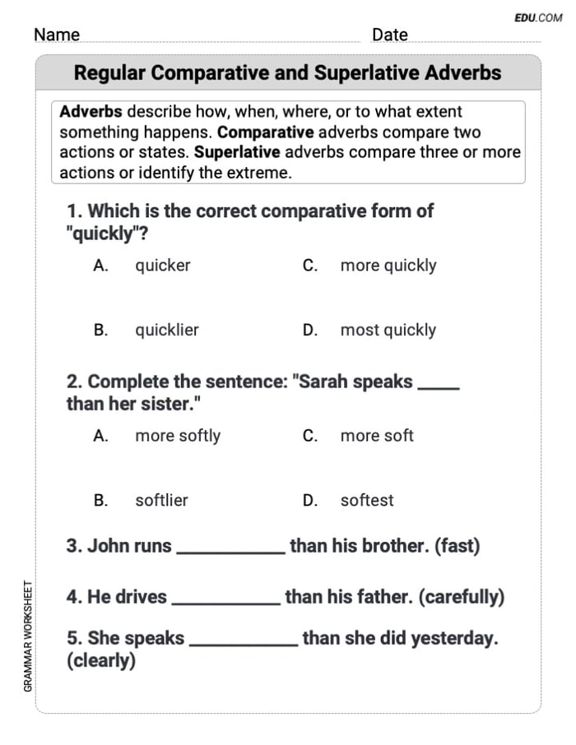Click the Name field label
[x=57, y=35]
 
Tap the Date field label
[x=389, y=35]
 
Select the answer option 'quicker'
[x=162, y=266]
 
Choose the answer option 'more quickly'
[x=388, y=266]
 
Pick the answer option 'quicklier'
[x=166, y=330]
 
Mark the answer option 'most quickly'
[x=388, y=330]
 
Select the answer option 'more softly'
[x=177, y=436]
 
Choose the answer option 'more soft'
[x=376, y=436]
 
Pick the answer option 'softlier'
[x=161, y=500]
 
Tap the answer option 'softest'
[x=366, y=500]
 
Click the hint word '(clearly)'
[x=100, y=661]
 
